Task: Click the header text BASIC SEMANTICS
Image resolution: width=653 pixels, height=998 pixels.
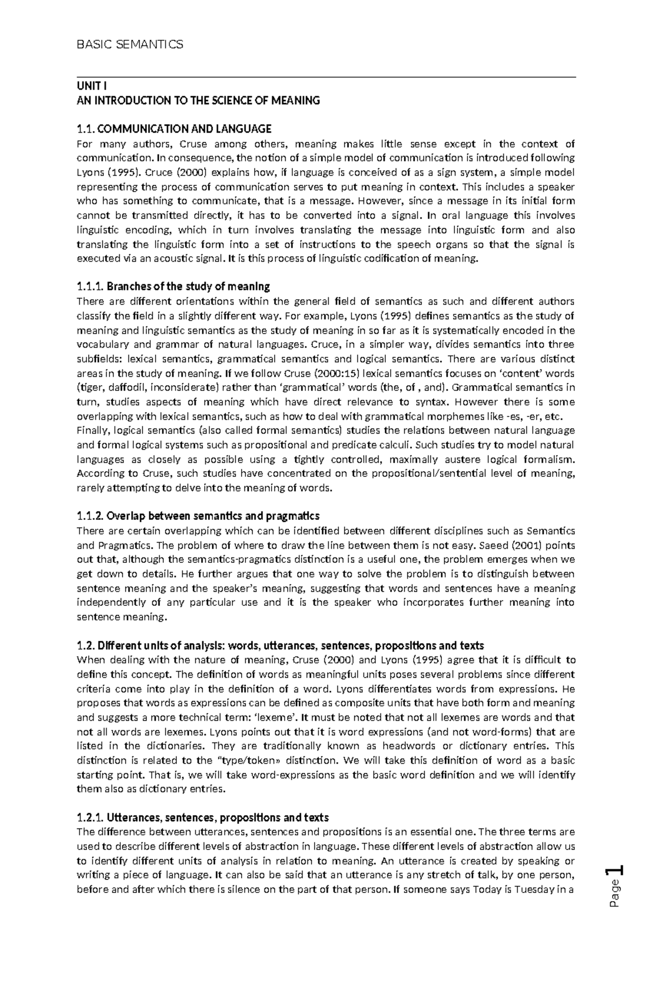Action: point(130,45)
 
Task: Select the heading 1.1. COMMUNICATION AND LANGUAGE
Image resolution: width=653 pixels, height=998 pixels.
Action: point(174,129)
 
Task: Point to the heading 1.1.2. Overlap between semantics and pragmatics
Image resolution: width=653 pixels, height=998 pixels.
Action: point(198,516)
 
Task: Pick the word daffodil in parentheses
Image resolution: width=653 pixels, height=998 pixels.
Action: point(127,388)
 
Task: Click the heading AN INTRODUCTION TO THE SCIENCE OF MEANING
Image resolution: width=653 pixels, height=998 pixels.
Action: point(199,101)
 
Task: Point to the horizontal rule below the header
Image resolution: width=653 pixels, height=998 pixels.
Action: point(326,78)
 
